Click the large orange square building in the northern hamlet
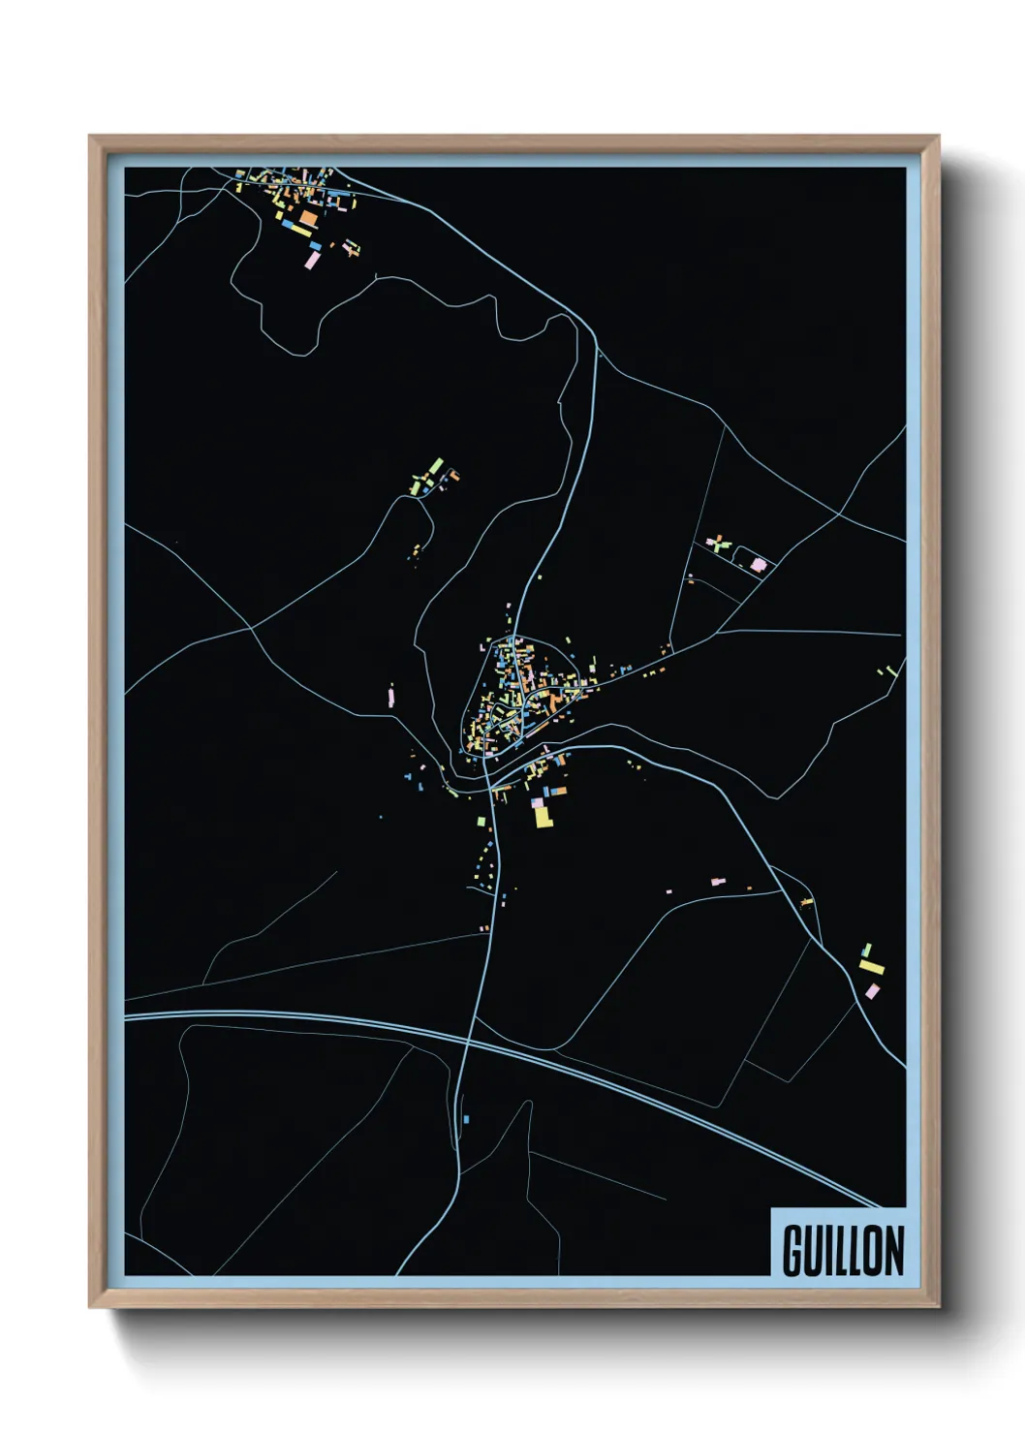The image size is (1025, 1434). (x=307, y=219)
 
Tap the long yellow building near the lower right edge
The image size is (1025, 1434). (x=871, y=966)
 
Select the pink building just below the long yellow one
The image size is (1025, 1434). (x=872, y=990)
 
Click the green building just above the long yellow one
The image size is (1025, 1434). (x=867, y=950)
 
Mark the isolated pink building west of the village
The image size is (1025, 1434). (x=391, y=696)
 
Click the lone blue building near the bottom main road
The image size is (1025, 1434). (x=466, y=1119)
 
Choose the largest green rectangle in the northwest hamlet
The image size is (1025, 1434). (x=436, y=466)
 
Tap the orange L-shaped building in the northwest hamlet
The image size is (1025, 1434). (x=450, y=475)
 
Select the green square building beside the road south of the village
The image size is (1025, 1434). (x=480, y=822)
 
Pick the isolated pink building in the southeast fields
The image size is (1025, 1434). (x=717, y=882)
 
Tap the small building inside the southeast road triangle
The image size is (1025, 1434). (x=806, y=903)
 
